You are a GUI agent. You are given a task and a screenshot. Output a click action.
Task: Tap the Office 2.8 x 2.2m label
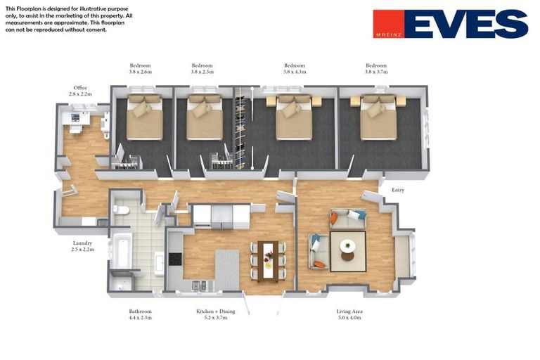pyautogui.click(x=80, y=91)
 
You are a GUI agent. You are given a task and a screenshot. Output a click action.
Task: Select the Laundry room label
pyautogui.click(x=83, y=246)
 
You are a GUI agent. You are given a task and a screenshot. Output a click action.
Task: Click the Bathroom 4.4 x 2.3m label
pyautogui.click(x=140, y=314)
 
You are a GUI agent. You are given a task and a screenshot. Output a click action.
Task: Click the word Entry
pyautogui.click(x=398, y=190)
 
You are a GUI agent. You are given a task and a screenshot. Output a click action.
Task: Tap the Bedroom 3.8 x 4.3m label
pyautogui.click(x=295, y=69)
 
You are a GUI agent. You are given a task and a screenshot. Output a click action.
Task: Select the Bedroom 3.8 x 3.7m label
pyautogui.click(x=376, y=69)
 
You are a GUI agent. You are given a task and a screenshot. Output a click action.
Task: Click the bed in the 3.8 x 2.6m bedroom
pyautogui.click(x=144, y=117)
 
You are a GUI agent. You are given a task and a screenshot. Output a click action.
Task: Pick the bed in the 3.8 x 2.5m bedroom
pyautogui.click(x=204, y=117)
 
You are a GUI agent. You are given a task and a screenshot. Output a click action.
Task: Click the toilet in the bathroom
pyautogui.click(x=120, y=210)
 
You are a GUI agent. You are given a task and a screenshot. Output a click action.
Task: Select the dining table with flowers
pyautogui.click(x=268, y=261)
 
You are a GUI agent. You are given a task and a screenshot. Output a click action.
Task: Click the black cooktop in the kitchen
pyautogui.click(x=175, y=259)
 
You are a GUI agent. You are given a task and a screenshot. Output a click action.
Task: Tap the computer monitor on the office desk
pyautogui.click(x=75, y=118)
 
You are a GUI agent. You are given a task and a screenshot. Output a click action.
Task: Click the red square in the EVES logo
pyautogui.click(x=389, y=23)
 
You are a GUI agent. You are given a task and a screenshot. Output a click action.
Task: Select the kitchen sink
pyautogui.click(x=199, y=285)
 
